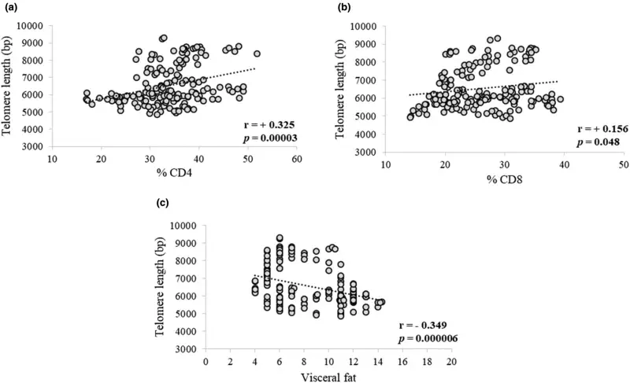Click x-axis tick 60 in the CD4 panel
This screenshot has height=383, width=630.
tap(298, 160)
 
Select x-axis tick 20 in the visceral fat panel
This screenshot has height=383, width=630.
tap(451, 361)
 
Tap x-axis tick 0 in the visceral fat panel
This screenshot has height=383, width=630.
tap(206, 361)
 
